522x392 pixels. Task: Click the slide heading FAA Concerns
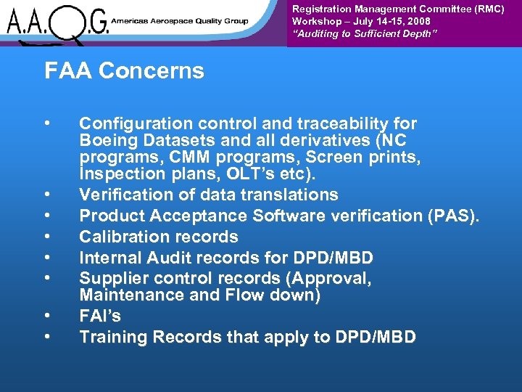point(124,71)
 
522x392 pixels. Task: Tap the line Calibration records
point(158,237)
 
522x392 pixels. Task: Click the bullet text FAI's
point(100,316)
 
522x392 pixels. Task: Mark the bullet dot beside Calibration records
point(46,237)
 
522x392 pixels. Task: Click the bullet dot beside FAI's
point(46,316)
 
